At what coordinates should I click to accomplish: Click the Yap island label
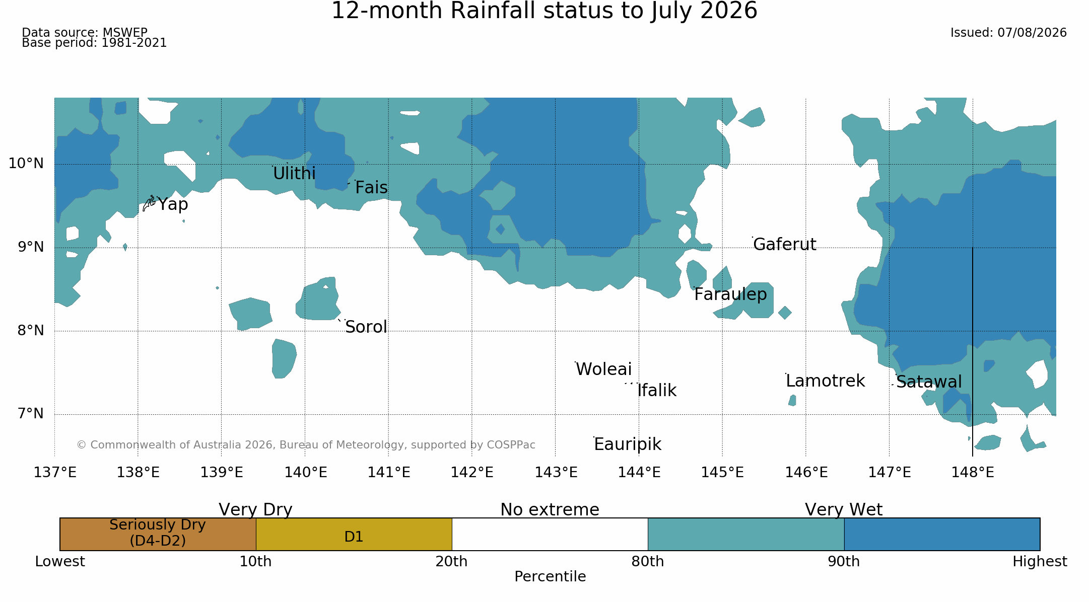tap(173, 204)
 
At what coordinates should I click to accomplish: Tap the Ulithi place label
tap(294, 174)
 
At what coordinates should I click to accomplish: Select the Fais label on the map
tap(371, 188)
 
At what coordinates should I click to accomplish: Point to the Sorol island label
tap(366, 327)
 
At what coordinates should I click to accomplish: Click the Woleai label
tap(603, 369)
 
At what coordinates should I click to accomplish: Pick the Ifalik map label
tap(657, 391)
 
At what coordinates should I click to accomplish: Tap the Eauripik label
tap(628, 444)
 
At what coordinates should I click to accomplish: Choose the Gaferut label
tap(784, 245)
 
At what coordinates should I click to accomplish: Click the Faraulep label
tap(730, 294)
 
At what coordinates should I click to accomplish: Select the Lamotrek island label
tap(825, 381)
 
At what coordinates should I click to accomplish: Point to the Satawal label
tap(929, 382)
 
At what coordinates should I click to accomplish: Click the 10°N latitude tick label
tap(26, 164)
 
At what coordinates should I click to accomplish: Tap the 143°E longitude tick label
tap(556, 473)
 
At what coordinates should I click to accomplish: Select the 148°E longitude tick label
tap(973, 473)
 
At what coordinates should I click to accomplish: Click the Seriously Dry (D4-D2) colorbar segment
tap(158, 534)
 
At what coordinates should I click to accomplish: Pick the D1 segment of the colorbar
tap(354, 534)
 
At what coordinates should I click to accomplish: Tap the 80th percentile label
tap(648, 562)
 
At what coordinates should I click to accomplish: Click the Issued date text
tap(1008, 33)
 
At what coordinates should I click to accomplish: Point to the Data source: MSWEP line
tap(85, 33)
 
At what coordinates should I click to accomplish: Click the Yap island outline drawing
tap(149, 203)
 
